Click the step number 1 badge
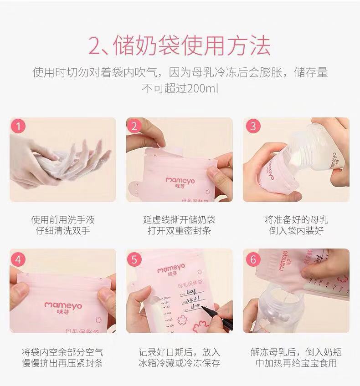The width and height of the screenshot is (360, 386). [x=18, y=127]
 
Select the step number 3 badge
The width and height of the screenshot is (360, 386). [x=253, y=127]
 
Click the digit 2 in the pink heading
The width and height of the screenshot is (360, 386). [x=98, y=46]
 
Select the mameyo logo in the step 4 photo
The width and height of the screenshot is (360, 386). [x=63, y=305]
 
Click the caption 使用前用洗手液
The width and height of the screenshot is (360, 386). [x=63, y=220]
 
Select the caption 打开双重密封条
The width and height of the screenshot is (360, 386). [x=179, y=231]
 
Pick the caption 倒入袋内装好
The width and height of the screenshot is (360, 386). [x=296, y=231]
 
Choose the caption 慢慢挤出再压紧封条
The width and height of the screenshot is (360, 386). [x=63, y=363]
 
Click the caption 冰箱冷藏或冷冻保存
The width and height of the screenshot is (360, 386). [x=179, y=363]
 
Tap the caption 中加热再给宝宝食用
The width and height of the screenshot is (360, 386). [x=296, y=363]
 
